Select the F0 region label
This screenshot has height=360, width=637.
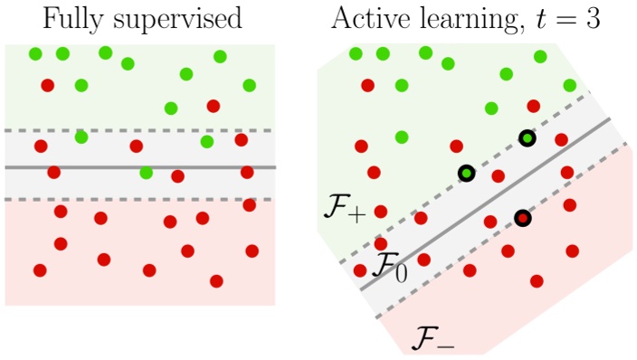tap(390, 268)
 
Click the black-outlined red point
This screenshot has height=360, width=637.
tap(522, 218)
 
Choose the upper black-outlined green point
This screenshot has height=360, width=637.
tap(528, 138)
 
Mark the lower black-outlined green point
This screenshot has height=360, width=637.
tap(466, 173)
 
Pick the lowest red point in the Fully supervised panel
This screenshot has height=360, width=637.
tap(216, 281)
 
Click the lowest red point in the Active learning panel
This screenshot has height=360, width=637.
tap(537, 281)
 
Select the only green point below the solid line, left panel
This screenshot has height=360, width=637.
tap(146, 173)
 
